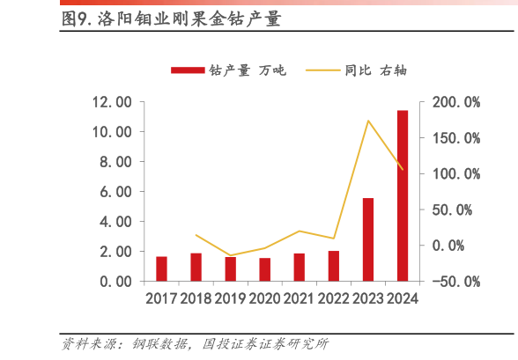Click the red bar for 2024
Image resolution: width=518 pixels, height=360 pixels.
click(x=402, y=195)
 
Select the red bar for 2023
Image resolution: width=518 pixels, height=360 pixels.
click(x=368, y=239)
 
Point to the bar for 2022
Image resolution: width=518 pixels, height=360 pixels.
click(x=333, y=266)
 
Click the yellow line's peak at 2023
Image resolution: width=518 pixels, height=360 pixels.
click(x=368, y=121)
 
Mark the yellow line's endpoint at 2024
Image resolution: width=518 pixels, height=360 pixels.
click(x=403, y=169)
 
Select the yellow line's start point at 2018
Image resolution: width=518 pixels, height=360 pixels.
click(x=196, y=235)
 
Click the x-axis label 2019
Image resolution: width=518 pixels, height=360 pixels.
click(x=230, y=299)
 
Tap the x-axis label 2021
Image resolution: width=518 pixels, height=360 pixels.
click(x=299, y=299)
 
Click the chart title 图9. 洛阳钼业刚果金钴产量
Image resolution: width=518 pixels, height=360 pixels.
click(x=171, y=19)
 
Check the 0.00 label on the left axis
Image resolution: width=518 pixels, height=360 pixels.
click(x=115, y=282)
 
